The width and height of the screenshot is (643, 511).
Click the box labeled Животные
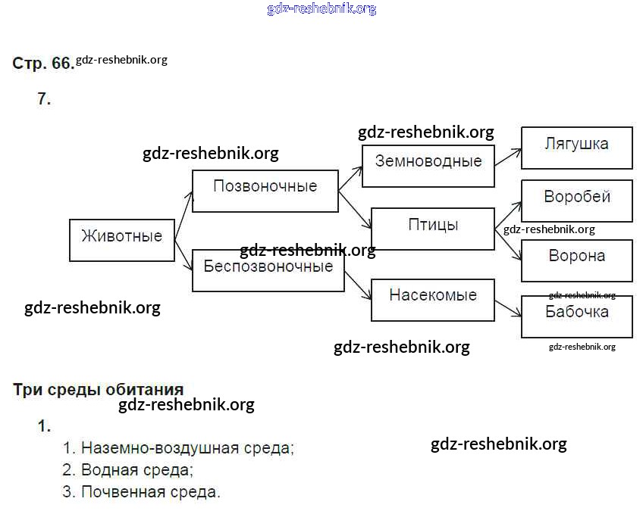tap(121, 240)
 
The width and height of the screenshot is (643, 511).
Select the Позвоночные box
tap(265, 190)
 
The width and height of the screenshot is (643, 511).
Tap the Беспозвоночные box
tap(268, 270)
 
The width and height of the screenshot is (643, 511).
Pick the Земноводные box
tap(428, 165)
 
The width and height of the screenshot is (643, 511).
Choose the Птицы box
tap(432, 228)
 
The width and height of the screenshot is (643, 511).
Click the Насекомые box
tap(432, 300)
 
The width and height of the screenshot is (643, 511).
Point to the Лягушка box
tap(576, 148)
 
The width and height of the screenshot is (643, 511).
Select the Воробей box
tap(576, 201)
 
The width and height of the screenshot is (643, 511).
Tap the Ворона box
tap(576, 260)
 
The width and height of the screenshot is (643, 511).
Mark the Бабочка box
tap(576, 316)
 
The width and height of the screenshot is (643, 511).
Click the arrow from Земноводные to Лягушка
tap(508, 156)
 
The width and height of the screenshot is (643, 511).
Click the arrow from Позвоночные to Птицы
tap(354, 209)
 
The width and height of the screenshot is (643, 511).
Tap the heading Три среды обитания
tap(99, 391)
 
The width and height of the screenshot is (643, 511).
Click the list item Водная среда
tap(136, 470)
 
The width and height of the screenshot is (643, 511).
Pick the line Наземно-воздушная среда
tap(187, 448)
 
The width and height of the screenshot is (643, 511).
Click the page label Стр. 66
tap(42, 64)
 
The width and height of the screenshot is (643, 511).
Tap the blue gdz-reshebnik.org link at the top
tap(321, 9)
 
